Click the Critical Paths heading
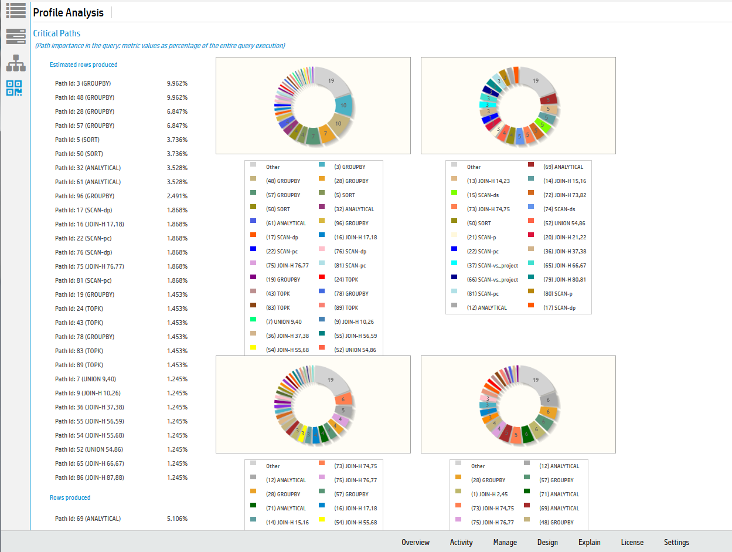pyautogui.click(x=57, y=33)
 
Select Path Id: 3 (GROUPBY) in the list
pyautogui.click(x=84, y=83)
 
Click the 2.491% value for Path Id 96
pyautogui.click(x=177, y=196)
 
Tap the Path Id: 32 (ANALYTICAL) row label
pyautogui.click(x=88, y=168)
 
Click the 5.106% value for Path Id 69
pyautogui.click(x=177, y=519)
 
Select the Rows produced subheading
pyautogui.click(x=70, y=497)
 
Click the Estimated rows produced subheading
pyautogui.click(x=83, y=65)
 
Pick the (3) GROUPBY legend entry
pyautogui.click(x=349, y=167)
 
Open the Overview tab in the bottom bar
pyautogui.click(x=416, y=542)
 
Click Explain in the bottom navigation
pyautogui.click(x=589, y=542)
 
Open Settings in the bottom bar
pyautogui.click(x=676, y=542)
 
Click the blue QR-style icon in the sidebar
pyautogui.click(x=15, y=88)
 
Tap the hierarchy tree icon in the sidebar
pyautogui.click(x=15, y=62)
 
